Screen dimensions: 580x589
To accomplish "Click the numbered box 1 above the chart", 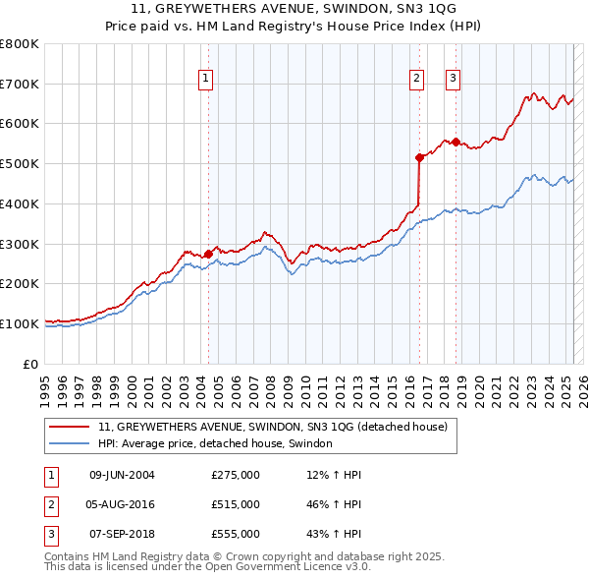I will coord(207,80).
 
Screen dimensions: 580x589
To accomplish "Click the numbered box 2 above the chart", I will coord(417,80).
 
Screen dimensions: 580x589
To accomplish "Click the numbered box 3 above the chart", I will coord(454,80).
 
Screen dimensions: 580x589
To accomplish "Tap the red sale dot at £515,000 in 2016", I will coord(419,157).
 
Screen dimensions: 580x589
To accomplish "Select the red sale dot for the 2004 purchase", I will coord(208,254).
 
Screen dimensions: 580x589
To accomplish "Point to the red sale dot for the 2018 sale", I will coord(456,142).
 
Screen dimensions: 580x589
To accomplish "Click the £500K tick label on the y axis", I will coord(20,163).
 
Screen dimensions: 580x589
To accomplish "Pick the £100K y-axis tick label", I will coord(20,323).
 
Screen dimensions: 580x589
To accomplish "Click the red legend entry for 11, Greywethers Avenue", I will coord(273,427).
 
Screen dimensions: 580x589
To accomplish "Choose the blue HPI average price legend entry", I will coord(215,443).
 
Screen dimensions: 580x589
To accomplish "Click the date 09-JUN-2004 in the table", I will coord(122,475).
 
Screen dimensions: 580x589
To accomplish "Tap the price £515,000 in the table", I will coord(236,504).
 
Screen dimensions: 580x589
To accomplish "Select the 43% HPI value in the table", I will coord(335,534).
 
